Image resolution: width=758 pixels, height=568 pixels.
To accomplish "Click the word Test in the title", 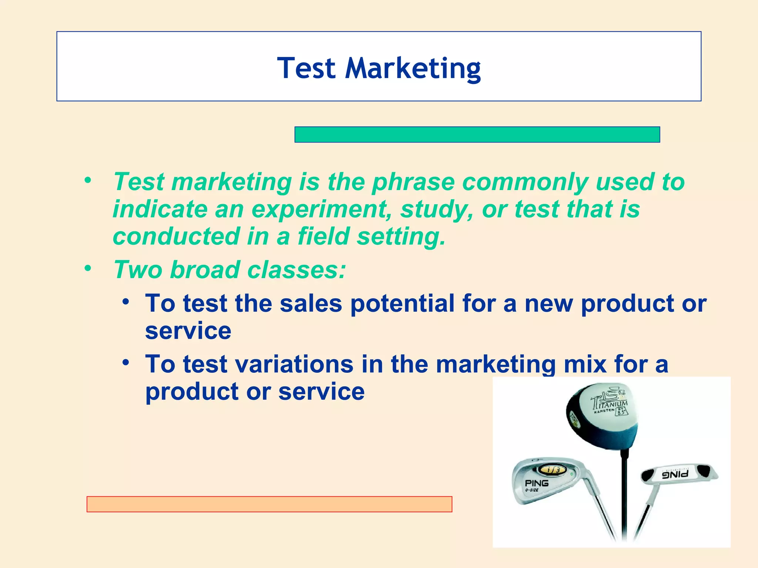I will coord(306,68).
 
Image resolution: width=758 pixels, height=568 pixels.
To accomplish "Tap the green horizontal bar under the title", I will coord(477,135).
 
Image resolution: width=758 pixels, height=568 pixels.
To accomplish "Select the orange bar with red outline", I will coord(269,504).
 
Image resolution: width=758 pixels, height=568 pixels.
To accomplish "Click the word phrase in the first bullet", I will coord(413,182).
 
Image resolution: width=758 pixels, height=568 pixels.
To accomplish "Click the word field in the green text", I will coord(323,236).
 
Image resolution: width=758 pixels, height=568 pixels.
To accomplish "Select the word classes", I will coord(296,270).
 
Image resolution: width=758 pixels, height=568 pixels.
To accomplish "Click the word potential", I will coord(402,303).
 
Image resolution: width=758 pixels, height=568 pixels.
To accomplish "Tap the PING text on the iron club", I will coord(537,483).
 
